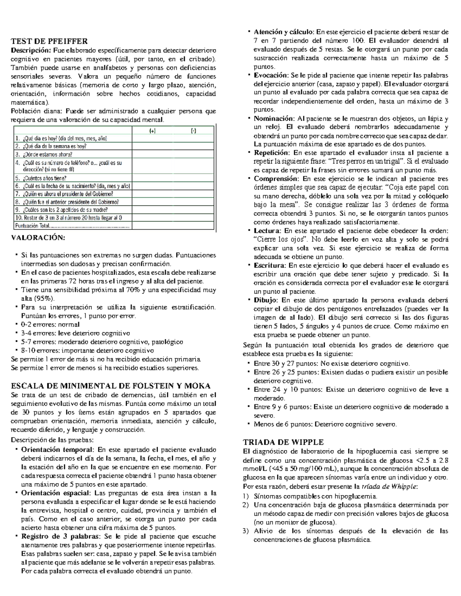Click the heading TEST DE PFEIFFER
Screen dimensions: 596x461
coord(50,41)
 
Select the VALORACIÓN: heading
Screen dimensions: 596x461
coord(38,238)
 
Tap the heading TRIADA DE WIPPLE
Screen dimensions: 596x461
coord(284,442)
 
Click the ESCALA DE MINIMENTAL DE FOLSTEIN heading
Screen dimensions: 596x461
coord(111,386)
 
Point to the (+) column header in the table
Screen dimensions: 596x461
coord(153,131)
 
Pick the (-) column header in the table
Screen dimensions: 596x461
coord(193,131)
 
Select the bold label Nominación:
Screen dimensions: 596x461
coord(274,119)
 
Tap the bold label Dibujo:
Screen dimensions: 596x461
coord(266,300)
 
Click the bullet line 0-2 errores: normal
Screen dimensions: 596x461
coord(50,325)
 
